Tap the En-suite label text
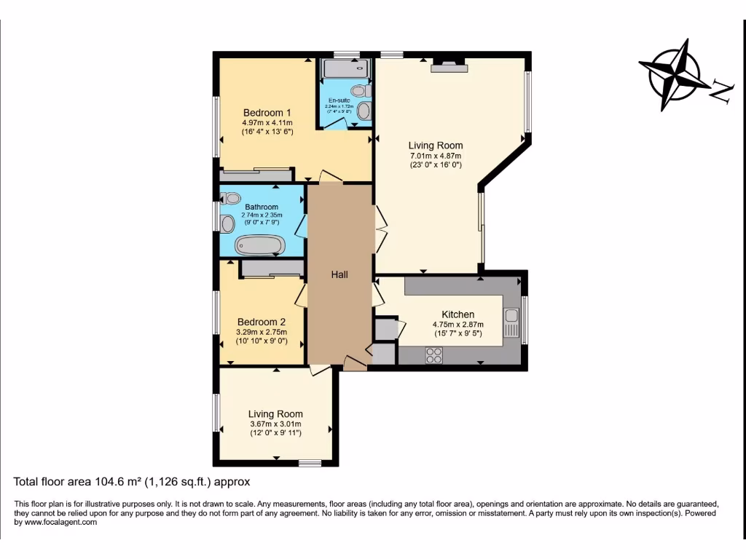[339, 100]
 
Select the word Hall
[339, 274]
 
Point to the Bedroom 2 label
[261, 322]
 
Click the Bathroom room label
[262, 207]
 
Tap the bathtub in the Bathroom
[258, 245]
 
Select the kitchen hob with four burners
[434, 355]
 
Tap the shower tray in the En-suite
[346, 69]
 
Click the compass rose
[675, 75]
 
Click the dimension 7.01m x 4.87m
[435, 156]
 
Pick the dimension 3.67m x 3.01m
[275, 424]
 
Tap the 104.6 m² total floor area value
[125, 481]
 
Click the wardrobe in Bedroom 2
[272, 269]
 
